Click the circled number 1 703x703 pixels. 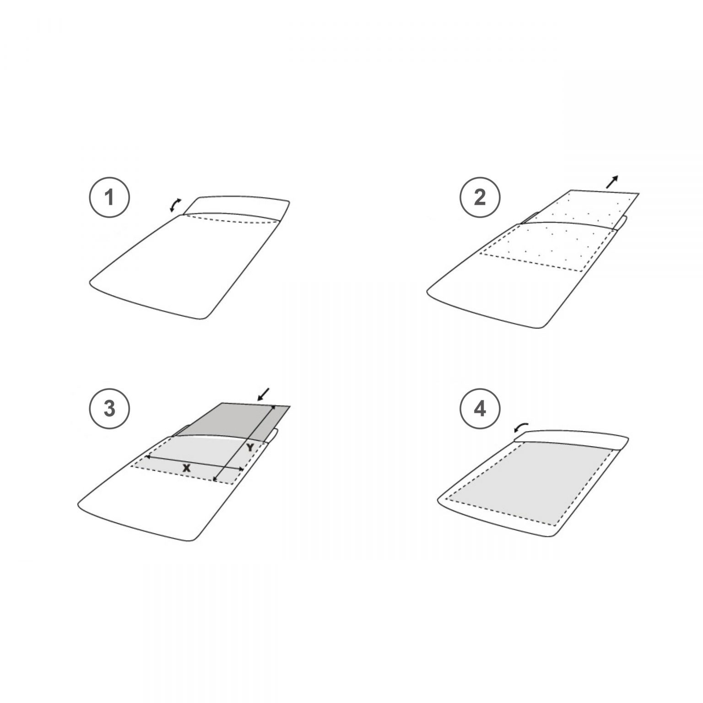pyautogui.click(x=109, y=198)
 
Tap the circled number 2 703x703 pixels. pyautogui.click(x=480, y=198)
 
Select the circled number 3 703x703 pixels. pyautogui.click(x=109, y=408)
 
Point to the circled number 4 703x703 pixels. pyautogui.click(x=480, y=408)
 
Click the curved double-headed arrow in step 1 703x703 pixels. pyautogui.click(x=174, y=205)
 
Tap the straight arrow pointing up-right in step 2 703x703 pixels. pyautogui.click(x=612, y=182)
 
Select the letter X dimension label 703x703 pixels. pyautogui.click(x=186, y=468)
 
